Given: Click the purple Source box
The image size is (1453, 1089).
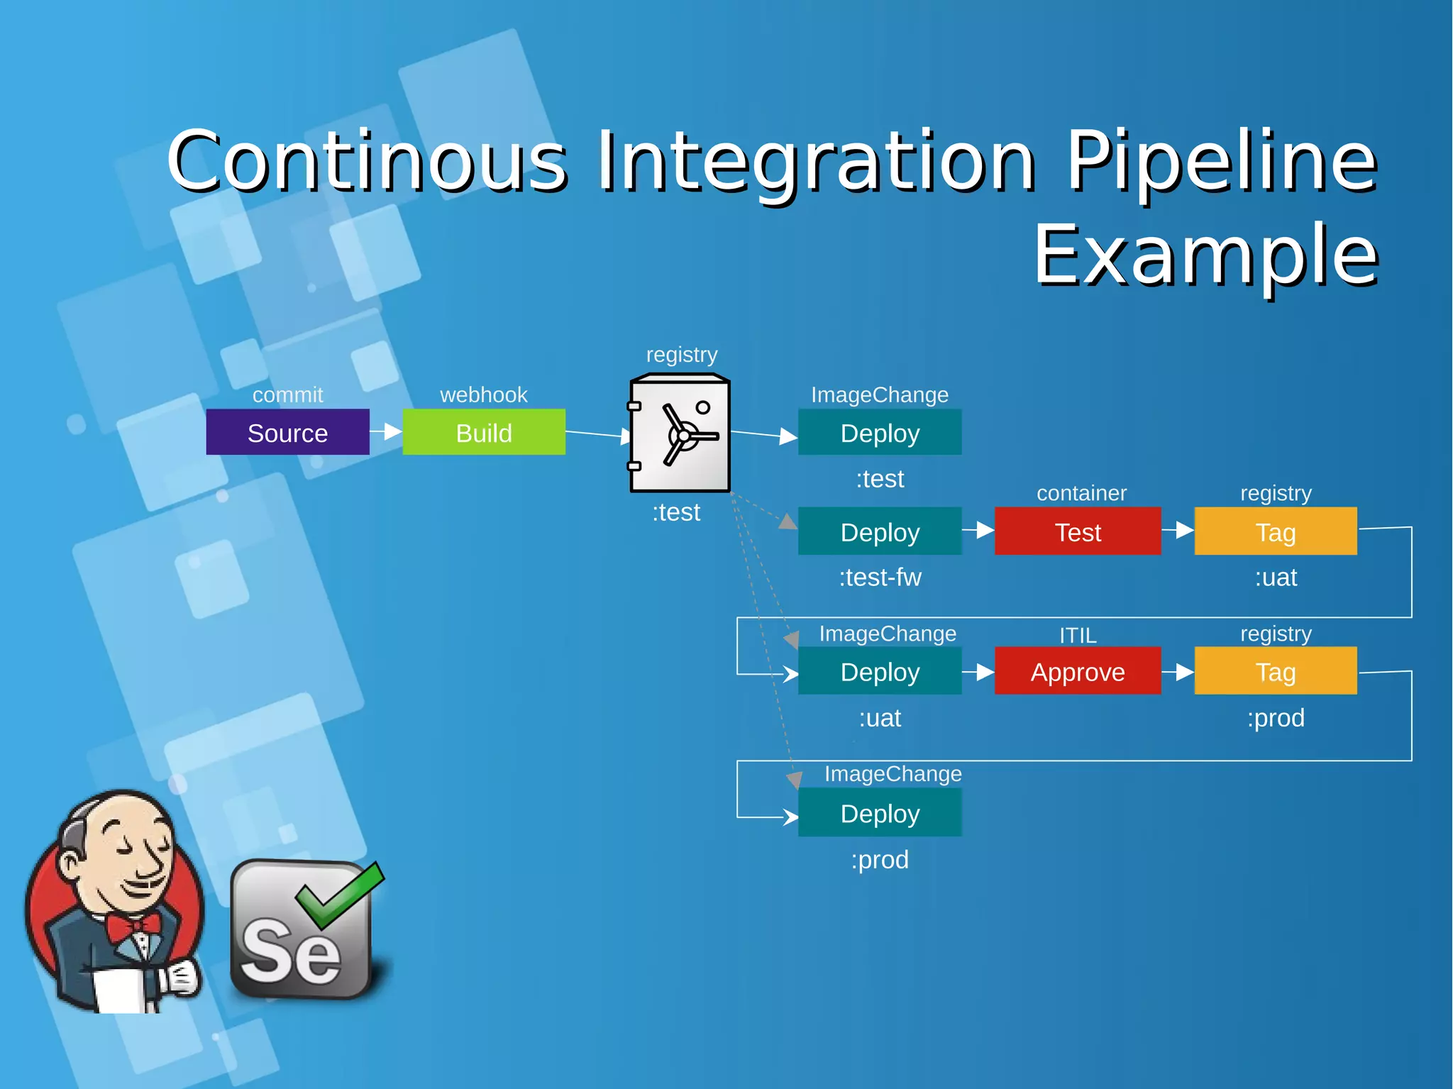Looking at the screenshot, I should (287, 432).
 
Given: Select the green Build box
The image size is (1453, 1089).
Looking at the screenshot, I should (484, 432).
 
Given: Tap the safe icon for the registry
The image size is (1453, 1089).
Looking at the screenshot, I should (680, 433).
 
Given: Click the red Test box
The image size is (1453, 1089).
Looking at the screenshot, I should (1077, 531).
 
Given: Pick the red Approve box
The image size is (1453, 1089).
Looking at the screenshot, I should (1077, 671).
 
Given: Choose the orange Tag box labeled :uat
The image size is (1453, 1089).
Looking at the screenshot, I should (1275, 531).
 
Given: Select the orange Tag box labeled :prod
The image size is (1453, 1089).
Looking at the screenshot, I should (1275, 671).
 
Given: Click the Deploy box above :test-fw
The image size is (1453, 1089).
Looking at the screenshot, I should (880, 531).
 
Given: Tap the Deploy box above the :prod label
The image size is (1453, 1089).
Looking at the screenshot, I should (880, 813).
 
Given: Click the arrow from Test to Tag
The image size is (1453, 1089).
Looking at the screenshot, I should (1178, 530).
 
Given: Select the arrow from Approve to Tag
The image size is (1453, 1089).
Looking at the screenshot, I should (1178, 671).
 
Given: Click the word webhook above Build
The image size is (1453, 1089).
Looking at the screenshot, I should (484, 394).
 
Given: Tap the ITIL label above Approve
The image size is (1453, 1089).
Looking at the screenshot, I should (1077, 635).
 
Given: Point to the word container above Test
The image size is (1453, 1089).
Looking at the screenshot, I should (1081, 493).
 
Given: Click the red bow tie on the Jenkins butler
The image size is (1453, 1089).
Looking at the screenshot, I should (133, 925).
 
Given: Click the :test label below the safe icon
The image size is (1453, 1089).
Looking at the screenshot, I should (676, 512).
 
